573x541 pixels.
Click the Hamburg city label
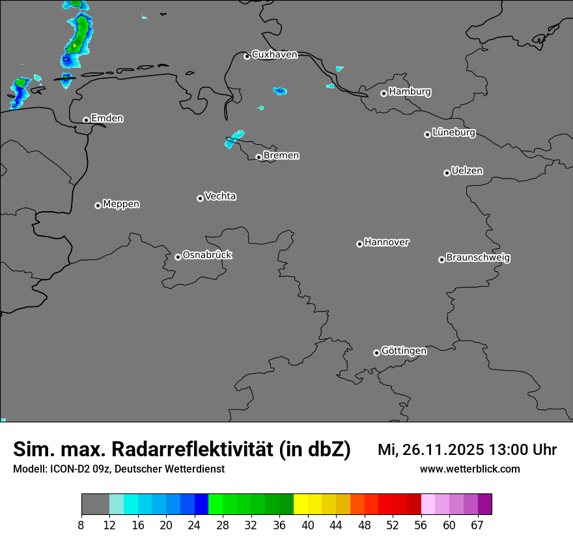tap(410, 92)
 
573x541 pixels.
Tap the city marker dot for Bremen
tap(259, 157)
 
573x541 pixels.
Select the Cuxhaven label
tap(274, 55)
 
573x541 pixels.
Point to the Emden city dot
tap(86, 120)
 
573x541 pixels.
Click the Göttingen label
tap(404, 351)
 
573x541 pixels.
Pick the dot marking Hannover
tap(359, 244)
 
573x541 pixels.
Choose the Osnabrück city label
tap(207, 256)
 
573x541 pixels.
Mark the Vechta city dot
tap(200, 198)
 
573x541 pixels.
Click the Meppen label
tap(121, 205)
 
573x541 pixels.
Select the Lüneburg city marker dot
tap(427, 134)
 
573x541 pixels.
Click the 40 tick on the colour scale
tap(308, 525)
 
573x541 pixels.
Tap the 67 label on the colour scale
tap(477, 525)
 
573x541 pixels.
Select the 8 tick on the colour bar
tap(81, 525)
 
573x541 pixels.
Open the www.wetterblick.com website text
tap(469, 469)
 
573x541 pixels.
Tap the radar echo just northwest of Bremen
tap(234, 139)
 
